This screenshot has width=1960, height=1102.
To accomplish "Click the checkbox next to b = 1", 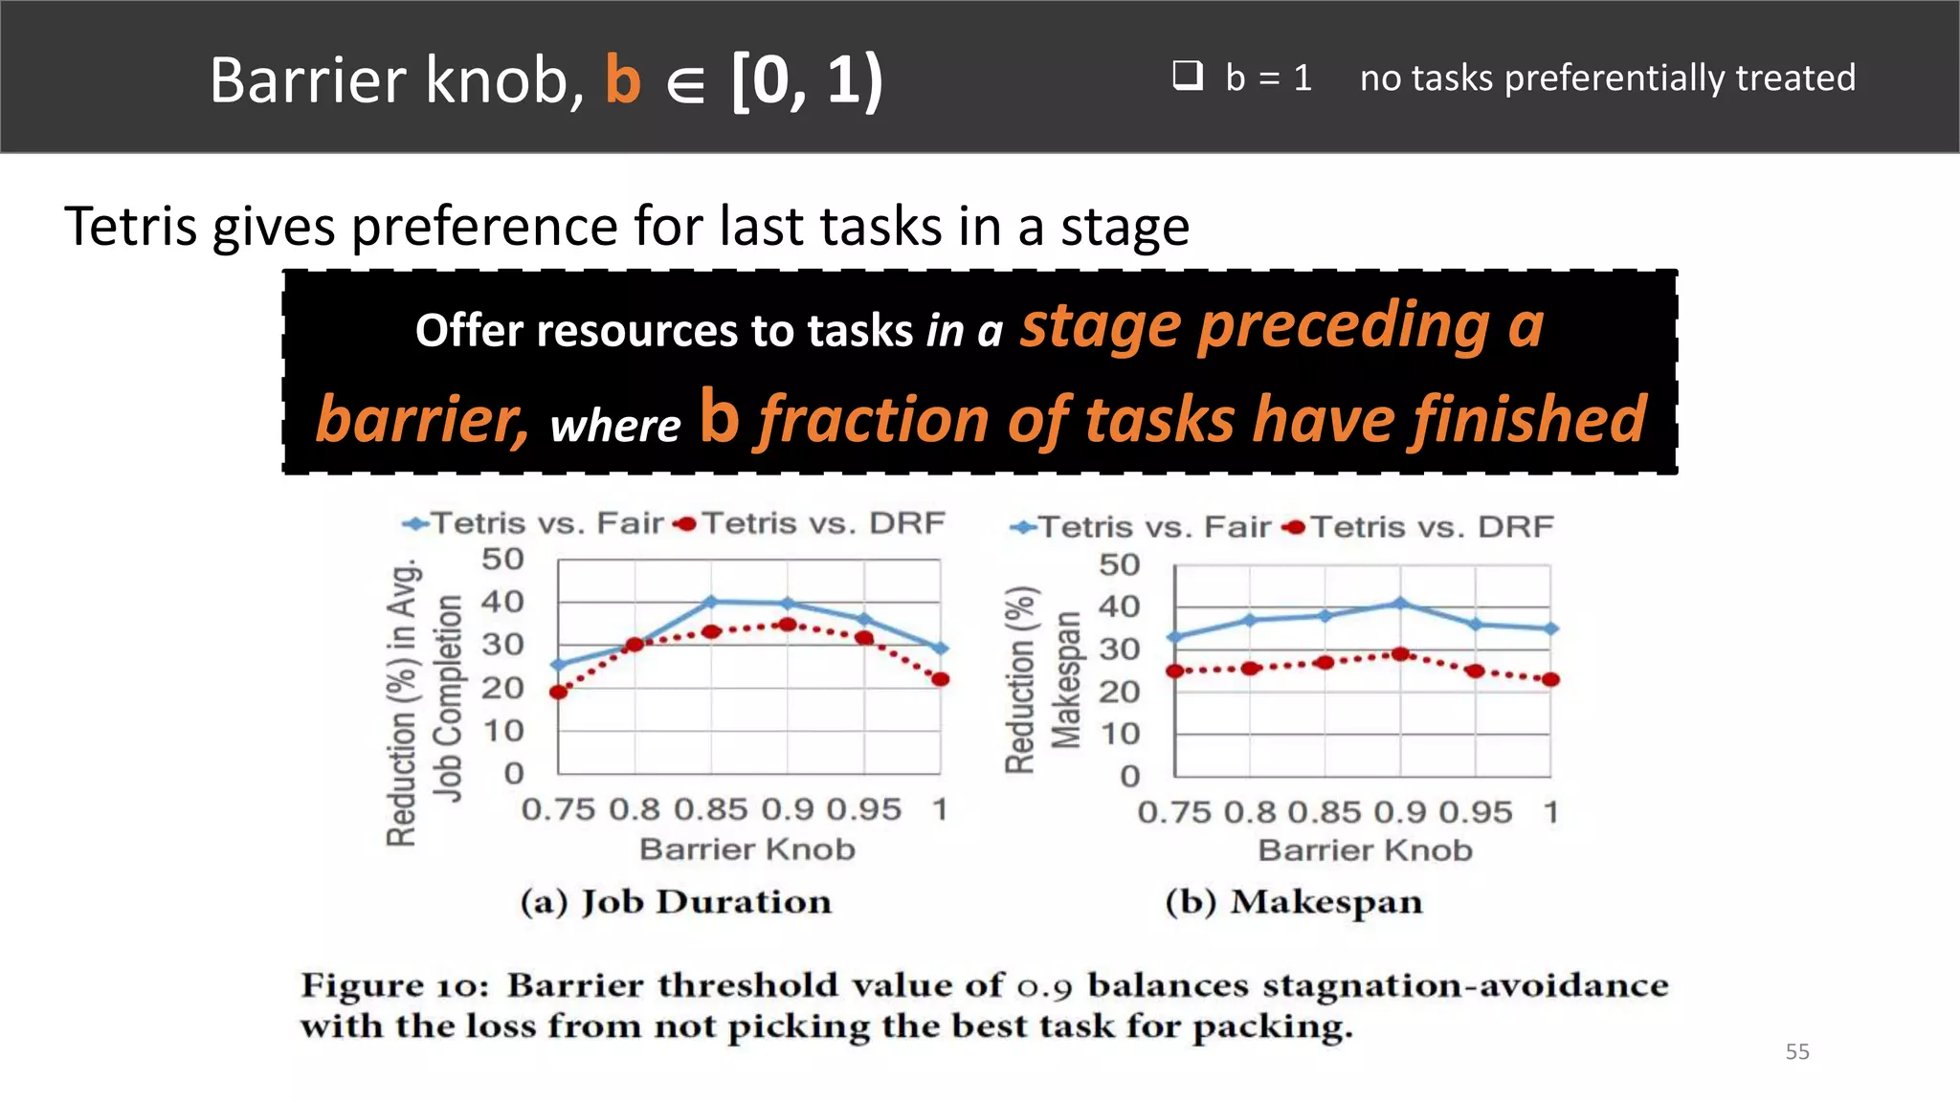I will (1188, 75).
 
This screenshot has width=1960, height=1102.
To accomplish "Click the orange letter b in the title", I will (622, 79).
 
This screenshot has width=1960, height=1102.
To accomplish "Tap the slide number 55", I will (1796, 1051).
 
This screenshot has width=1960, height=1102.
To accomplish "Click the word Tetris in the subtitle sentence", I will (130, 227).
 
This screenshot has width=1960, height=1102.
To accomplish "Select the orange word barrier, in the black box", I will (422, 420).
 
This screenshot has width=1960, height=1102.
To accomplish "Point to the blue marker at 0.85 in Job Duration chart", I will (711, 602).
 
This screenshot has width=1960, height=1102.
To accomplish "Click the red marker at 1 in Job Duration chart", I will (940, 679).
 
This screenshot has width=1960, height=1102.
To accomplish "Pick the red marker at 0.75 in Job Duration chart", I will (559, 691).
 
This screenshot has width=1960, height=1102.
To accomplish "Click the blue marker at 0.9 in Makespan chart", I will (1400, 604).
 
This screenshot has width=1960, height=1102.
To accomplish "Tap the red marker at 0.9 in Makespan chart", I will (1400, 654).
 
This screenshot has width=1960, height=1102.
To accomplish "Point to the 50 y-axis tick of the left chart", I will (502, 559).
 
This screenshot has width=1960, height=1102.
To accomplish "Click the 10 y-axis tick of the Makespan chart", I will (1119, 734).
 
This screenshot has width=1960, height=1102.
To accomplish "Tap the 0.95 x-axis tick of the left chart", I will (863, 810).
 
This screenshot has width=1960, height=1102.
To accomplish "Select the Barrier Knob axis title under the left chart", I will (746, 849).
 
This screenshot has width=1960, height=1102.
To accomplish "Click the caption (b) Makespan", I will (1293, 902).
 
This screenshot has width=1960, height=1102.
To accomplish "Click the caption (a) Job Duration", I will (676, 902).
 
